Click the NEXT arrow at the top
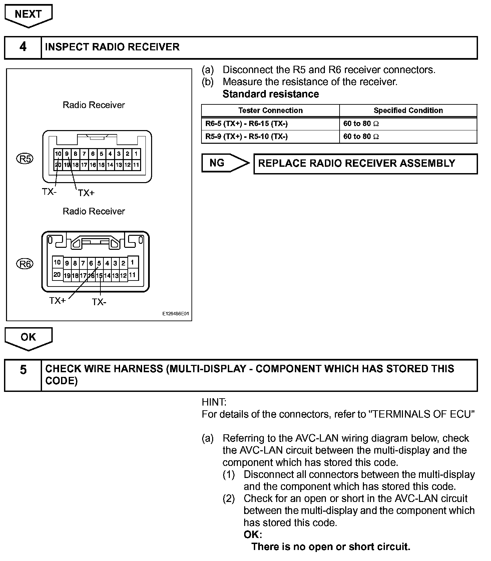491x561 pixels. [x=28, y=15]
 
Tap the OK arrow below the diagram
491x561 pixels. [x=28, y=338]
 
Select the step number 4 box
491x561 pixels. [x=23, y=47]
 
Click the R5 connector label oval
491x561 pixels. [x=25, y=159]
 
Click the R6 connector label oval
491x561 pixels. [x=25, y=264]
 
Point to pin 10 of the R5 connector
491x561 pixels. [x=58, y=154]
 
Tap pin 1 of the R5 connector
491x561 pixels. [x=136, y=154]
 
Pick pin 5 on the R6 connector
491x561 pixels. [x=99, y=263]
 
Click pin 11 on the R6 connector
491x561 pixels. [x=132, y=275]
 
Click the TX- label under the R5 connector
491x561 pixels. [x=49, y=192]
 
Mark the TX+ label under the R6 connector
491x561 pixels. [x=57, y=301]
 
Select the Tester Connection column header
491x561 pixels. [x=270, y=110]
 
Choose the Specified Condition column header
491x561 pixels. [x=408, y=110]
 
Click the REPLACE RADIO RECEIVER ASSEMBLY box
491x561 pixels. [x=365, y=163]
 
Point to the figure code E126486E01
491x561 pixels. [x=175, y=314]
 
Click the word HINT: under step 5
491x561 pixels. [x=214, y=402]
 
